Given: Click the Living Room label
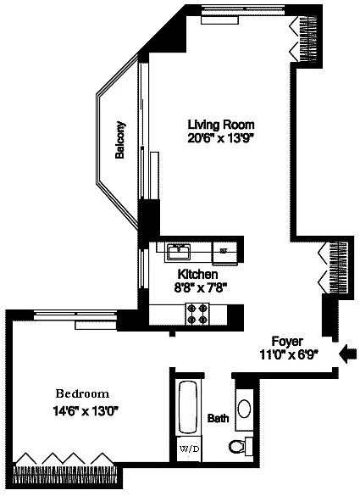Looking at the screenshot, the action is point(221,125).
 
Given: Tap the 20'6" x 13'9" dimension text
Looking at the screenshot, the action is point(221,138).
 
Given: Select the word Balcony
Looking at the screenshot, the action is point(120,140).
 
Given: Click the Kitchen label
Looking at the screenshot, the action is point(197,274).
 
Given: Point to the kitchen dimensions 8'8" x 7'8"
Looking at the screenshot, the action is point(201,288).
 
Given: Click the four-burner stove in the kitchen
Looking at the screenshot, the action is point(198,314).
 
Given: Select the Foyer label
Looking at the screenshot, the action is point(287,342).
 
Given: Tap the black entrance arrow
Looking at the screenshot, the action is point(347,353).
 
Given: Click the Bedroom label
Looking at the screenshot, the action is point(82,393).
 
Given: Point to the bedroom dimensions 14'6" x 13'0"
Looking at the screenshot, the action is point(86,411).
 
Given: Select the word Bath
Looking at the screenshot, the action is point(218,418).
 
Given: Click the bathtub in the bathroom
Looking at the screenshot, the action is point(188,408).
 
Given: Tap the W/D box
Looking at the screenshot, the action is point(189,449).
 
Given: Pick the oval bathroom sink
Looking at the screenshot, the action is point(244,409).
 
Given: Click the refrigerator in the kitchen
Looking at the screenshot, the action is point(224,253).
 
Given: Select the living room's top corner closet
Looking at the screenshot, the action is point(307,38).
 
